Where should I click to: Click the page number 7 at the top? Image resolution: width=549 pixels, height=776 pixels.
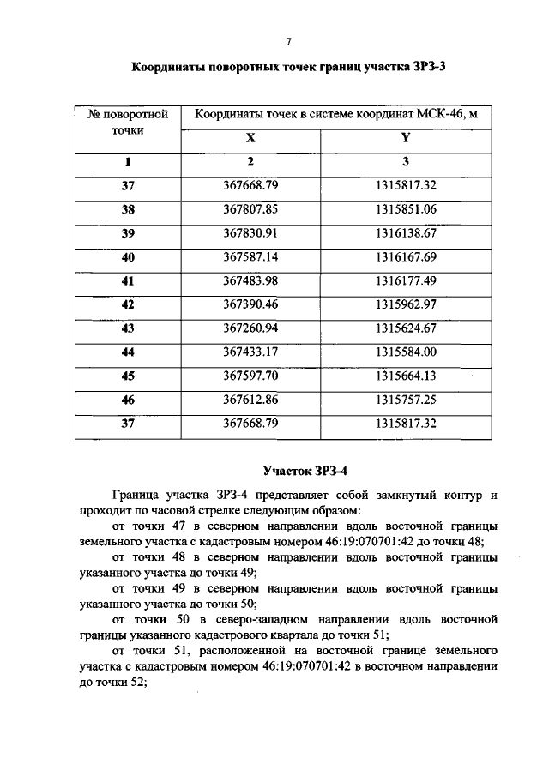pyautogui.click(x=289, y=41)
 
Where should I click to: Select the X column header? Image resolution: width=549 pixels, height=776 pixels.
pyautogui.click(x=250, y=138)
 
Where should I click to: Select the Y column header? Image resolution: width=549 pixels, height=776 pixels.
pyautogui.click(x=406, y=138)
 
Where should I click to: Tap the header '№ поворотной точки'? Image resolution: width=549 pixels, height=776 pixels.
pyautogui.click(x=128, y=123)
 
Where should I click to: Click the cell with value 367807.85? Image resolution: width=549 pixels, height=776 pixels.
pyautogui.click(x=250, y=208)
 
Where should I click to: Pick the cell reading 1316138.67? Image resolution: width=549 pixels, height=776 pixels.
pyautogui.click(x=406, y=232)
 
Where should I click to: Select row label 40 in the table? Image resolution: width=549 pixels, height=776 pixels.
pyautogui.click(x=128, y=256)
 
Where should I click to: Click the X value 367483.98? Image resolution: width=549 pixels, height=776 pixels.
pyautogui.click(x=250, y=280)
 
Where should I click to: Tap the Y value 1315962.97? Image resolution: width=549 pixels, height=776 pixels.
pyautogui.click(x=406, y=304)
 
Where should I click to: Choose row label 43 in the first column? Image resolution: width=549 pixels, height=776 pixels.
pyautogui.click(x=128, y=328)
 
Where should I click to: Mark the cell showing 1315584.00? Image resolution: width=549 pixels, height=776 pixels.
pyautogui.click(x=406, y=352)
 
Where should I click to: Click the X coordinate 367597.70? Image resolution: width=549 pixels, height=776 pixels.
pyautogui.click(x=250, y=376)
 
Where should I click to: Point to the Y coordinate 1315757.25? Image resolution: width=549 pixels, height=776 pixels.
pyautogui.click(x=406, y=400)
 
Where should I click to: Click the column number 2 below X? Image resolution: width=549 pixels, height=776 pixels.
pyautogui.click(x=250, y=161)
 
